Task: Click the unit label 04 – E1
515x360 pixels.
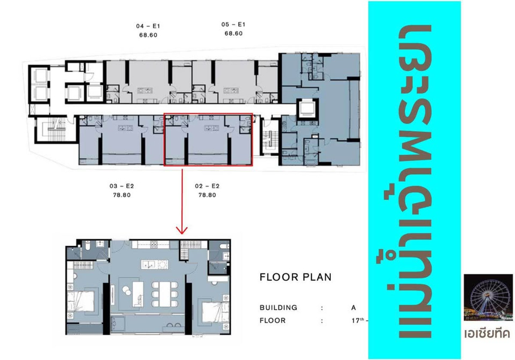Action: point(148,26)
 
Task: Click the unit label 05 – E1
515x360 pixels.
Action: point(233,24)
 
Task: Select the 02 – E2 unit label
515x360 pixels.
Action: point(207,186)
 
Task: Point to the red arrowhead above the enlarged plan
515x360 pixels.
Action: point(182,230)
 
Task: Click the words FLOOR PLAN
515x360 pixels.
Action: point(296,277)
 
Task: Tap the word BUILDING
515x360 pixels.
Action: point(279,308)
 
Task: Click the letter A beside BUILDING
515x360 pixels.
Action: point(353,308)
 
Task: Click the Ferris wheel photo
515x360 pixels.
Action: point(488,298)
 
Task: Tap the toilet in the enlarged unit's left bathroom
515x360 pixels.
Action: point(87,245)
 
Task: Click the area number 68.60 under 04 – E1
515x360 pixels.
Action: point(148,35)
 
